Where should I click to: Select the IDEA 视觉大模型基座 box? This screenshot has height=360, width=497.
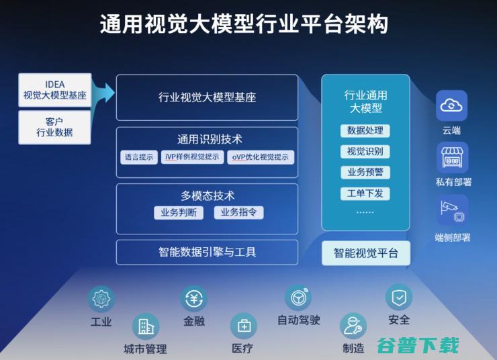coord(55,90)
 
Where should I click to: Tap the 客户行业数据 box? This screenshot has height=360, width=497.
coord(55,128)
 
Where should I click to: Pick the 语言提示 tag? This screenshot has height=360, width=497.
coord(139,157)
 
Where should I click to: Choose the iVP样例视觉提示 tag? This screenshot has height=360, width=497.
coord(192,157)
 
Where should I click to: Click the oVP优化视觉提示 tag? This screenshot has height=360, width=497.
coord(261,157)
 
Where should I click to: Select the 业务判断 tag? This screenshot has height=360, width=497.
coord(179,212)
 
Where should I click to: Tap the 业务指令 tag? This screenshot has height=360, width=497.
coord(238,212)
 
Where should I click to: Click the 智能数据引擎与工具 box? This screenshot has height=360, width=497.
coord(207,252)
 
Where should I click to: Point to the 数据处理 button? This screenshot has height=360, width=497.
coord(365,130)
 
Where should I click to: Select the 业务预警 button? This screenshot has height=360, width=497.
coord(365,172)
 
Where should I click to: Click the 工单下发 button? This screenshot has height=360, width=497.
coord(365,193)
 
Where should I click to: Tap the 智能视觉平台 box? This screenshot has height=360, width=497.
coord(365,253)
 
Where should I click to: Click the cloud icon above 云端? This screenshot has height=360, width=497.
coord(452,105)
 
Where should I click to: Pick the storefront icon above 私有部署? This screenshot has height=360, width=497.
coord(452,157)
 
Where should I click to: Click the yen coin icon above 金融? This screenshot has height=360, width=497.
coord(193,298)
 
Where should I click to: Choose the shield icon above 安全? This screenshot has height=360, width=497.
coord(398,296)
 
